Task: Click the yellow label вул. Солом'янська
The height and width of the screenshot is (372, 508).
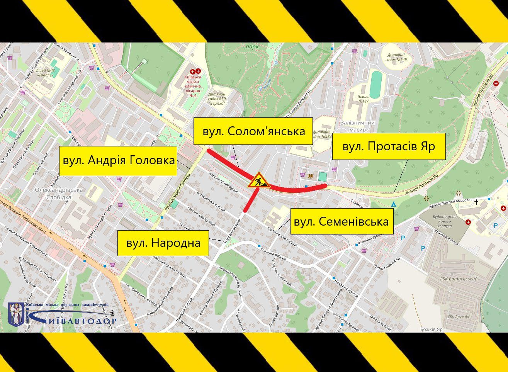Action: pos(253,131)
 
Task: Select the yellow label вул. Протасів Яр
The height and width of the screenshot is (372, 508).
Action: pos(389,146)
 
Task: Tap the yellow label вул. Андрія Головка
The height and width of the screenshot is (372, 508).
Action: pos(118,161)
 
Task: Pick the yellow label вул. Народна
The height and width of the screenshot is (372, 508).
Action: pos(163,243)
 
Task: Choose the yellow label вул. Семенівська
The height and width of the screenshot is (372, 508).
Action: pos(341,222)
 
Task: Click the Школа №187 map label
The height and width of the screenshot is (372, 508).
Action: pos(364,99)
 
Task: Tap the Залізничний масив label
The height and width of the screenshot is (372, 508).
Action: pos(357,126)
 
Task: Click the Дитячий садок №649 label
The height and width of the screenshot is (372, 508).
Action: pos(396,57)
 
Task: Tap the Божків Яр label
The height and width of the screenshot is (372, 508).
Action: pos(432,330)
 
